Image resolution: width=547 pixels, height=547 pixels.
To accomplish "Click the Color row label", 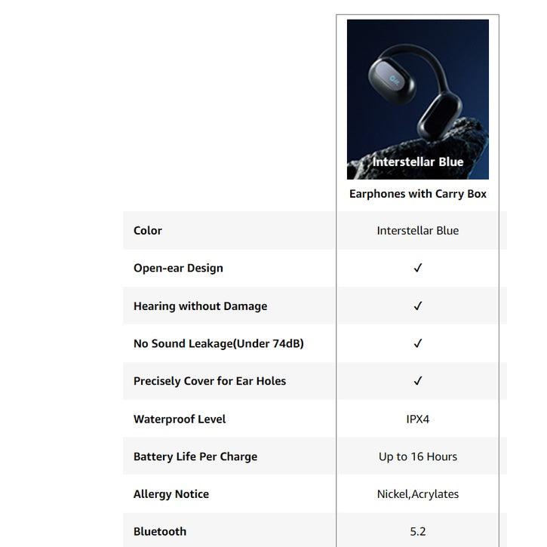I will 148,231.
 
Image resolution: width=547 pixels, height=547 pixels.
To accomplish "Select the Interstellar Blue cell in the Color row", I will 417,231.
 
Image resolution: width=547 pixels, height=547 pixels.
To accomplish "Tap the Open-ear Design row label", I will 178,268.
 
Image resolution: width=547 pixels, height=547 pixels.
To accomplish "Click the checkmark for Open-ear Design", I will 418,268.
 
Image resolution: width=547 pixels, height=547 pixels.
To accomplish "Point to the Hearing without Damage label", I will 200,306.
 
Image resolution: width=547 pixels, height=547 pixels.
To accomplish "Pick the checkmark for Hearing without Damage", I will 418,306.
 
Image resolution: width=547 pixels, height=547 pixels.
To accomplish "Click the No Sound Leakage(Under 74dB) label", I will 218,343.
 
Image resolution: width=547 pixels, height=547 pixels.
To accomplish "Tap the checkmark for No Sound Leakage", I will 418,343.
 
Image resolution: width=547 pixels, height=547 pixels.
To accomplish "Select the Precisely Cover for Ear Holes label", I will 210,381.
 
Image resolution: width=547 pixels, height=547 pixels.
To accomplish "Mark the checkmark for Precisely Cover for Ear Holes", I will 418,381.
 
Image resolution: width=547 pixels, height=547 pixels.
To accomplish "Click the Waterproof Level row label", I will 180,419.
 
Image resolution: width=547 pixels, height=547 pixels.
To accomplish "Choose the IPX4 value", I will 417,419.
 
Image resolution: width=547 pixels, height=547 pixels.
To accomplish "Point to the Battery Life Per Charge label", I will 195,456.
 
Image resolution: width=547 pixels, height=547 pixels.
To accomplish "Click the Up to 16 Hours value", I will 417,456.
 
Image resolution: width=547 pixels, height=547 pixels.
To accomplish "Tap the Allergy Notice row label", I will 171,494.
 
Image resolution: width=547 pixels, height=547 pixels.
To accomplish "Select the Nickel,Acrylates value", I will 417,494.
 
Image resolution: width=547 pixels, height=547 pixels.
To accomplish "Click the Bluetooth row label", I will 160,531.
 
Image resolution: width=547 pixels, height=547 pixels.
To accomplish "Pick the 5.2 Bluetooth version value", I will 417,531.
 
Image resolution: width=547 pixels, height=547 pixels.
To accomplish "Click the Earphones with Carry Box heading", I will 417,194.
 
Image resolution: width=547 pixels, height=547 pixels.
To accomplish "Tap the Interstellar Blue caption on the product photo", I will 418,162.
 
